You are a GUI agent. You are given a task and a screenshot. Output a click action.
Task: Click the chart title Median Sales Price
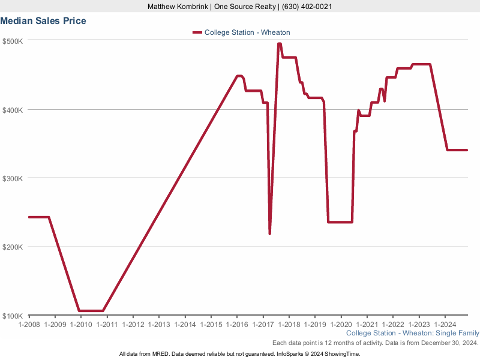(43, 21)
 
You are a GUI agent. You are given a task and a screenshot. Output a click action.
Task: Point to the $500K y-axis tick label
(13, 41)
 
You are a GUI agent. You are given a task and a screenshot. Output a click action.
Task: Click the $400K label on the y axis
(13, 110)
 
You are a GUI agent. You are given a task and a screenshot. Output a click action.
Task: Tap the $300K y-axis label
(13, 179)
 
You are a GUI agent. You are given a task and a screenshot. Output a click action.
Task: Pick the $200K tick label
(13, 247)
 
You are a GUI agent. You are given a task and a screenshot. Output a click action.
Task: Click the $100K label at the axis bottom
(13, 316)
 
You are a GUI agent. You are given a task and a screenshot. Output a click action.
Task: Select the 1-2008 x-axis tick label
(29, 325)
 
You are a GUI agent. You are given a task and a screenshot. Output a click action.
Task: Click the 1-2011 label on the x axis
(107, 325)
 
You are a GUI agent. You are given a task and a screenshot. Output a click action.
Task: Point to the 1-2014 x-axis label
(185, 325)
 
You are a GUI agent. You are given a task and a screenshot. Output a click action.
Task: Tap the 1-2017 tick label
(263, 325)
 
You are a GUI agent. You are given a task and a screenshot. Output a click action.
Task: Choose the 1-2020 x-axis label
(341, 325)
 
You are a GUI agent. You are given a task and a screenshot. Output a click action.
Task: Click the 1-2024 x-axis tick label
(445, 325)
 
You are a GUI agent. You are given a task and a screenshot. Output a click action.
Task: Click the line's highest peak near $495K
(280, 44)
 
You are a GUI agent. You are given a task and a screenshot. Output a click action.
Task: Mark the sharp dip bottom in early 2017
(270, 233)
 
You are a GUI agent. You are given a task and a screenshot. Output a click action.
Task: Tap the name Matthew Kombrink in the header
(178, 7)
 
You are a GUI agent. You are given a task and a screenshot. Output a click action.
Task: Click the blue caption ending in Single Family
(413, 333)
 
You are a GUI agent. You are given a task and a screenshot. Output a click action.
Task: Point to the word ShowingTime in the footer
(343, 354)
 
